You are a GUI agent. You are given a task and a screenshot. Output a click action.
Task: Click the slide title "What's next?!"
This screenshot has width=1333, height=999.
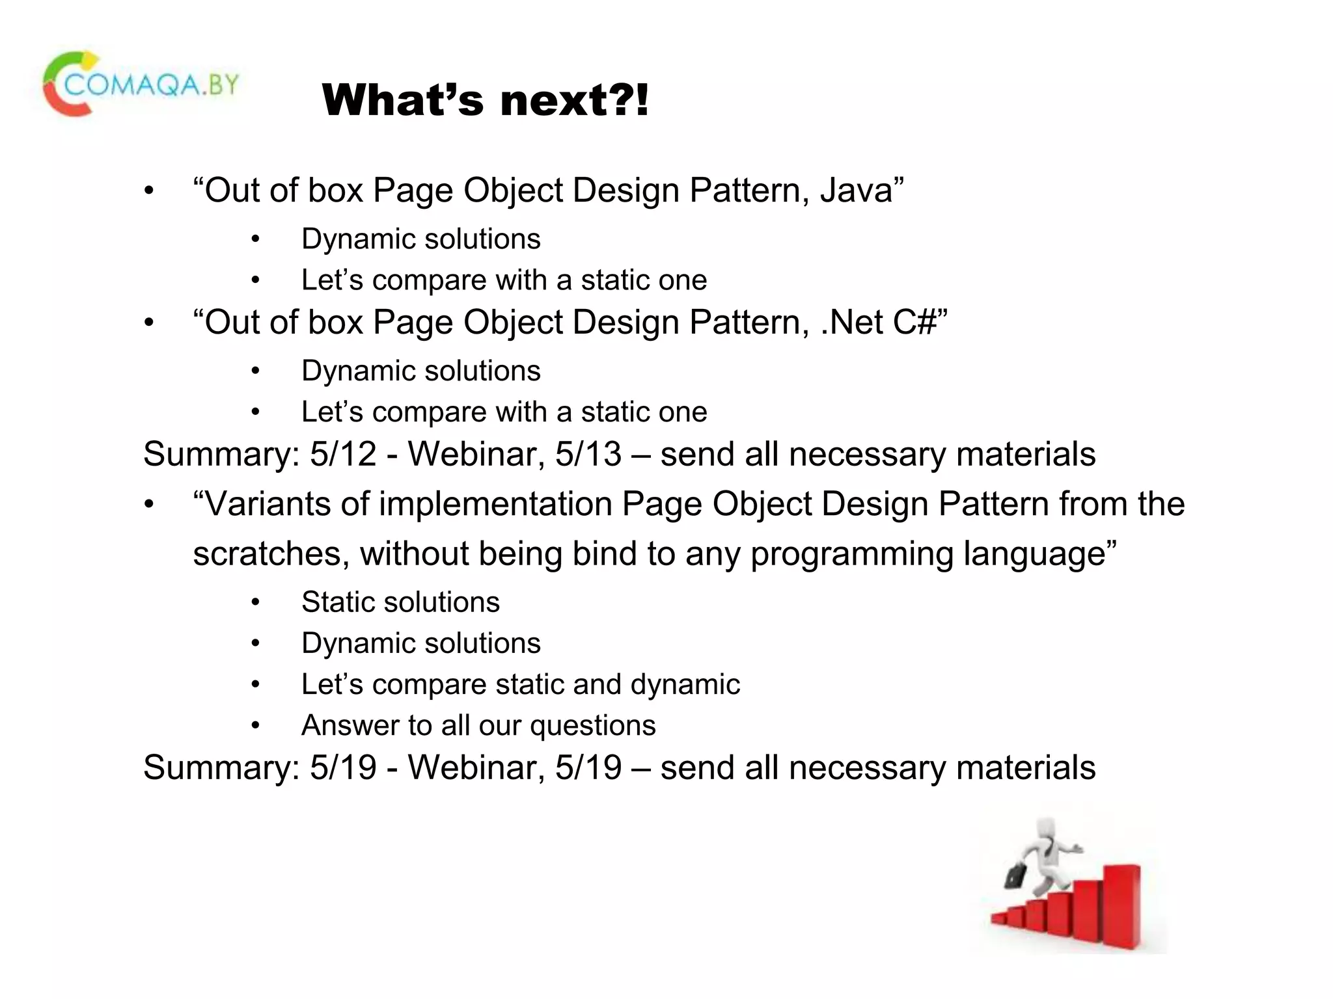485,101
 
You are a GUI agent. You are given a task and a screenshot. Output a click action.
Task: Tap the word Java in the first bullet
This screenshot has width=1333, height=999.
856,191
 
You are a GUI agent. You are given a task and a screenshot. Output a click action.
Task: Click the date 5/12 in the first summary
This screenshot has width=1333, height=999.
343,454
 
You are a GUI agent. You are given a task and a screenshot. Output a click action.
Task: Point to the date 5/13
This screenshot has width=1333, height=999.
588,454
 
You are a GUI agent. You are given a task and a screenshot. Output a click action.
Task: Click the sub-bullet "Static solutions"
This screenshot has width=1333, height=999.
400,602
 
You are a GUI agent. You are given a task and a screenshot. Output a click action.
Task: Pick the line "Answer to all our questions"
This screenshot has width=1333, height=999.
478,725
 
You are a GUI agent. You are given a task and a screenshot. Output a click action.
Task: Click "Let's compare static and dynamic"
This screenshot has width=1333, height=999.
521,684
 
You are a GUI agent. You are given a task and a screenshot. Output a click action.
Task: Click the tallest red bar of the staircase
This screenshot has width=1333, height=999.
1121,904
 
